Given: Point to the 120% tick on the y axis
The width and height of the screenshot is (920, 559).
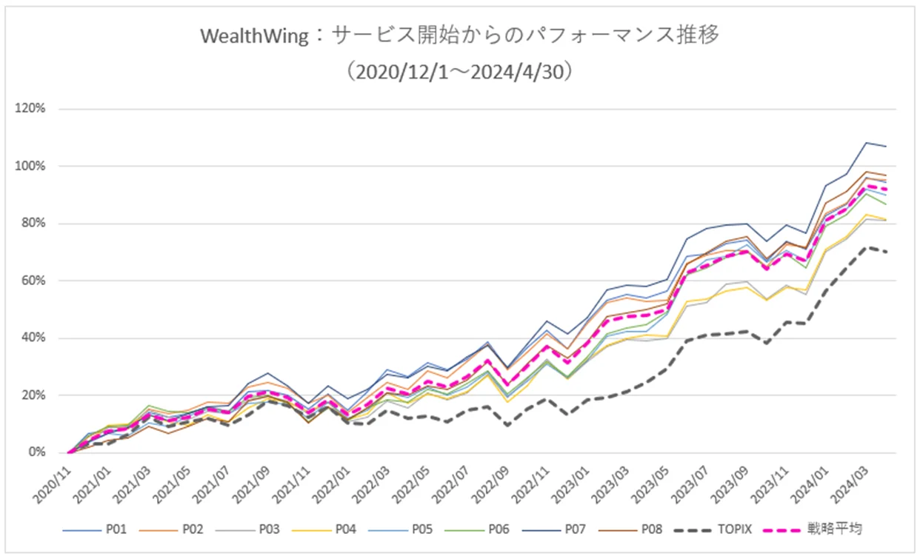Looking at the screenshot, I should tap(32, 109).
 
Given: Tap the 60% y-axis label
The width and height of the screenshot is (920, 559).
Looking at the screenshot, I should tap(34, 281).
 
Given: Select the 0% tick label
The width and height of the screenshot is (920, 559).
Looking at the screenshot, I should tap(37, 452).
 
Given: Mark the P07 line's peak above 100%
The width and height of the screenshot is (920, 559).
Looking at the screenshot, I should tap(866, 143).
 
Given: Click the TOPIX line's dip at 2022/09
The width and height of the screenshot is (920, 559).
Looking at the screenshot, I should tap(507, 425).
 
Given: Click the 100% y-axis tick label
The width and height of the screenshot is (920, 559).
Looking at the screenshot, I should tap(32, 166).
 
